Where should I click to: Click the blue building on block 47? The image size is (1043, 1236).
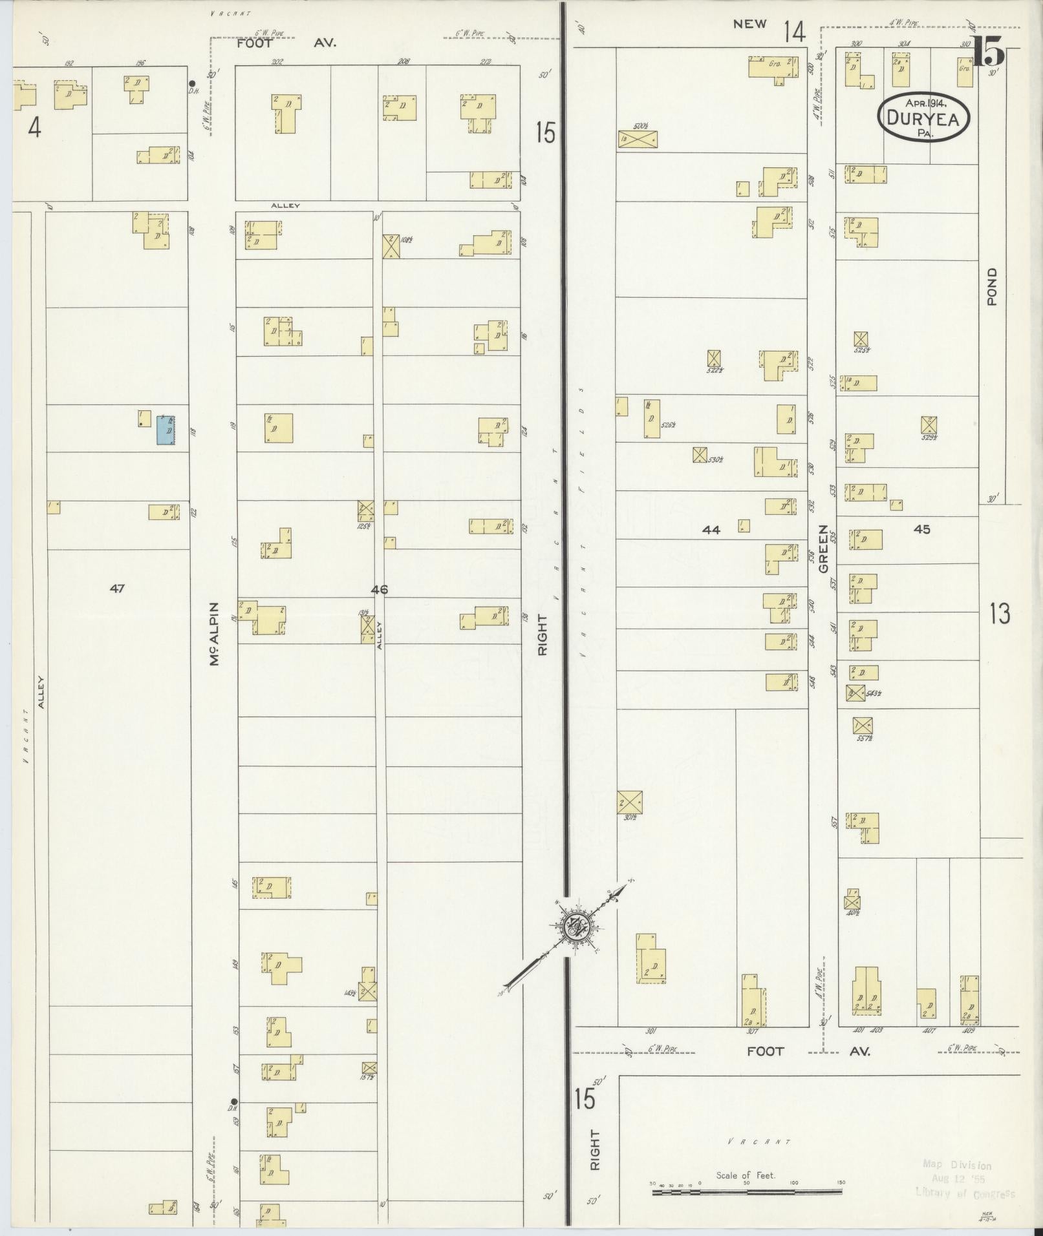[166, 430]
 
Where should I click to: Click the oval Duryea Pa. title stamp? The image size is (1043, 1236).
[924, 116]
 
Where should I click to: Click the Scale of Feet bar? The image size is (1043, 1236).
[747, 1189]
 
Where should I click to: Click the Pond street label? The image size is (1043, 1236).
[993, 287]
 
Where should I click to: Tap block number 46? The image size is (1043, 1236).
[380, 589]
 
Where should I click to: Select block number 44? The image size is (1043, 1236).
[711, 530]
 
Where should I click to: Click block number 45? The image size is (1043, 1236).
[921, 529]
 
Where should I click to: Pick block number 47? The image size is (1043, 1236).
[117, 588]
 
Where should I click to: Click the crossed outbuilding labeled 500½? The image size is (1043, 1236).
[638, 138]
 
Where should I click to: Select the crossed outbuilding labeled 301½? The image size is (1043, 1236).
[630, 802]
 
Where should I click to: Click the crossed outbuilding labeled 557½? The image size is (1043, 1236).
[863, 724]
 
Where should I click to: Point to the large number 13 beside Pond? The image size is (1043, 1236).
[999, 613]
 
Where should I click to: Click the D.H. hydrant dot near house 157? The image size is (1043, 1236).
[234, 1102]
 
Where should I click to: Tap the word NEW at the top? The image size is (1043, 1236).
[749, 25]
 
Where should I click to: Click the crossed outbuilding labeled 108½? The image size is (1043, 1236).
[391, 246]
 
